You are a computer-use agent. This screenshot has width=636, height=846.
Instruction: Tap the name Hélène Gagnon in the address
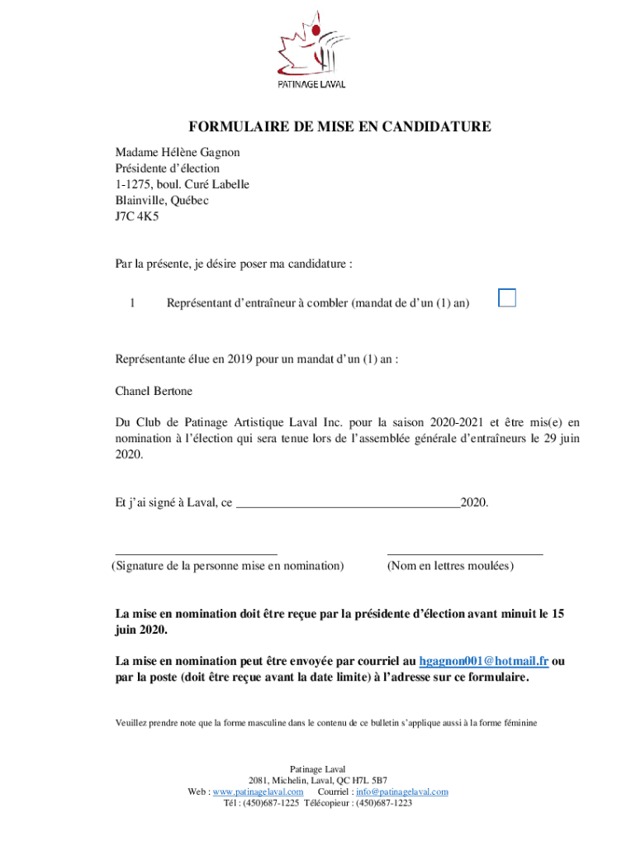point(205,153)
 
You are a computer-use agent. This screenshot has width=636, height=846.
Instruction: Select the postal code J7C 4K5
point(137,216)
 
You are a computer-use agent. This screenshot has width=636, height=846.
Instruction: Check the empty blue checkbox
point(507,298)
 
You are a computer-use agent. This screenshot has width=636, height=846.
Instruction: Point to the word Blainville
point(142,201)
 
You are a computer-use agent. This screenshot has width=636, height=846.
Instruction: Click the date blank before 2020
point(348,501)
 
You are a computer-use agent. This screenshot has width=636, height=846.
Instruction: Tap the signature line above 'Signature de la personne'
point(196,554)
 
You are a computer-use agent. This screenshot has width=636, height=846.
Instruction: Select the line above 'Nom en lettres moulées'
point(465,554)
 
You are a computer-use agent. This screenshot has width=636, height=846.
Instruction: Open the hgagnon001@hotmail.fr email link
point(484,661)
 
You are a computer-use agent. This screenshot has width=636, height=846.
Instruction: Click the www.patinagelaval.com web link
point(258,791)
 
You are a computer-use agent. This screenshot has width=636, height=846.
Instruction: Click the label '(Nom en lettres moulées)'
point(450,566)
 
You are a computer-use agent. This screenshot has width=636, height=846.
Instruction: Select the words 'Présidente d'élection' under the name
point(168,169)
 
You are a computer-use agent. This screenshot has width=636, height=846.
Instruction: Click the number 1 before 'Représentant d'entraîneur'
point(131,303)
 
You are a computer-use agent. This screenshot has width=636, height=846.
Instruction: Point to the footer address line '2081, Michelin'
point(318,780)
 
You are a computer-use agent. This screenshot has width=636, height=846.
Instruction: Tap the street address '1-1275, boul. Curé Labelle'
point(183,184)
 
